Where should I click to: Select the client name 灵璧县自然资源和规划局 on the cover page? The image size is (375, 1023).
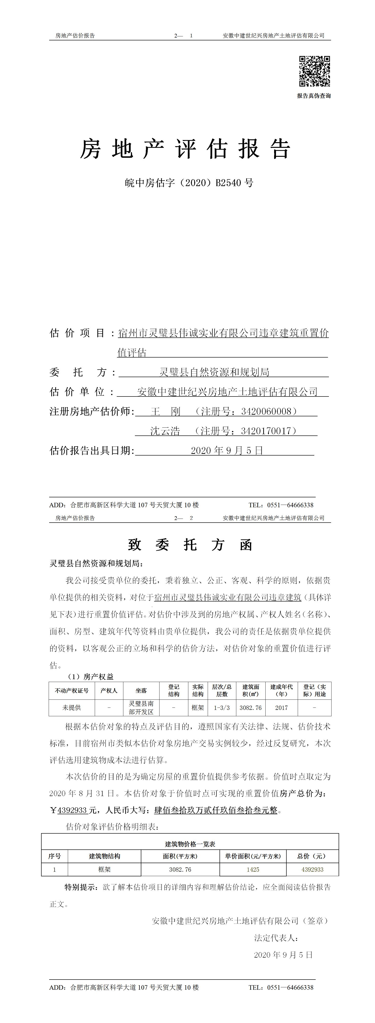(x=215, y=372)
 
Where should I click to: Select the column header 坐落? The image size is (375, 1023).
(x=141, y=691)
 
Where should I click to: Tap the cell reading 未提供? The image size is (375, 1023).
(x=72, y=707)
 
